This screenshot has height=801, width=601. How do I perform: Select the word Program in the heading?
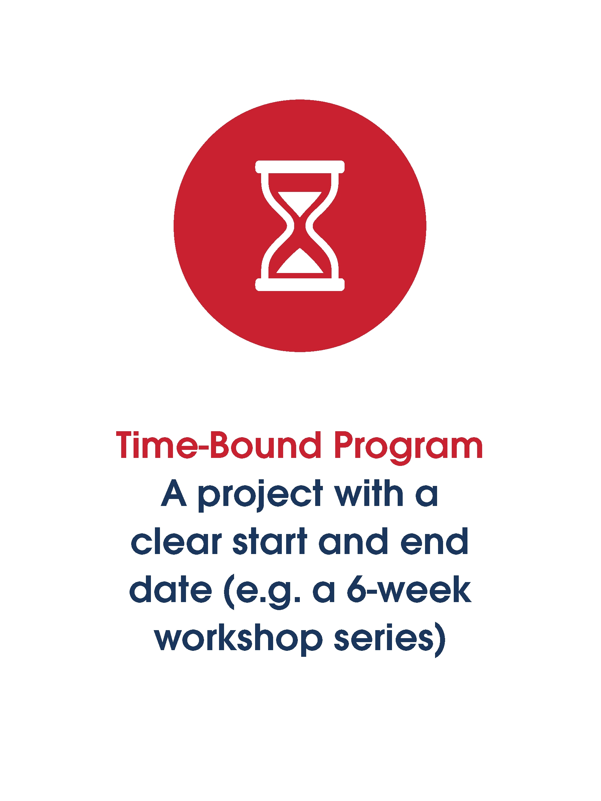(408, 448)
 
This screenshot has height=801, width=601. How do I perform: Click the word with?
(369, 493)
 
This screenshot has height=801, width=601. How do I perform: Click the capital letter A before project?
(174, 493)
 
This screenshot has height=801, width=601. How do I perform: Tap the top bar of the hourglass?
(300, 167)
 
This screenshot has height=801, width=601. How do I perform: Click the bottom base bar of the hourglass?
(300, 285)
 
